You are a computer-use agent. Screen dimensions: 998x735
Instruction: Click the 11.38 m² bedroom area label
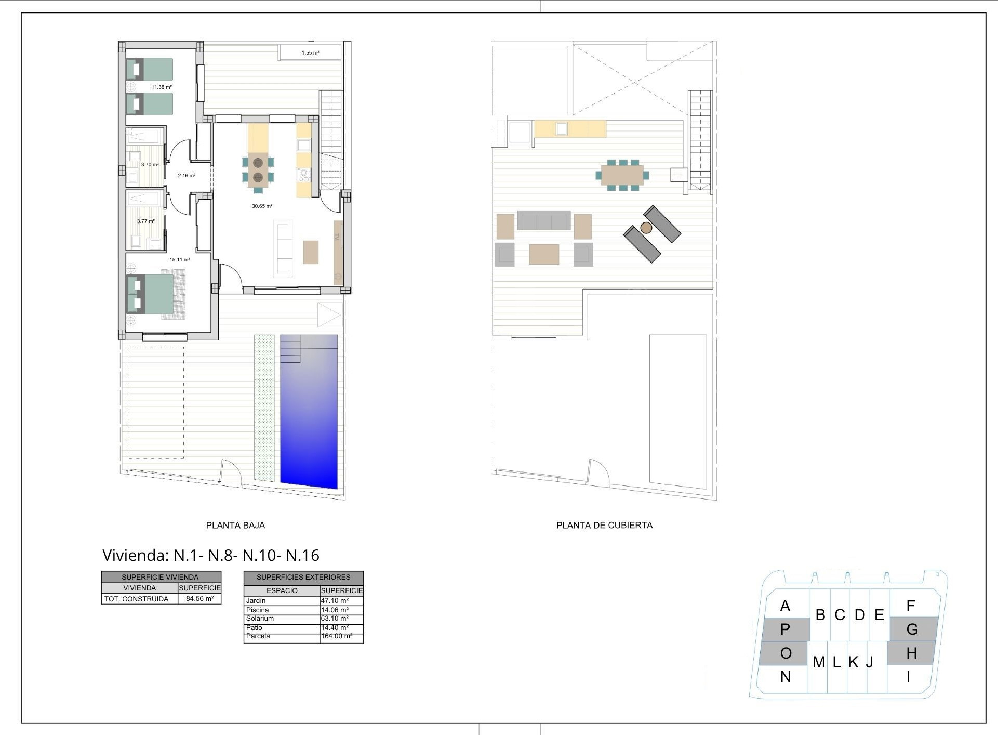pyautogui.click(x=162, y=87)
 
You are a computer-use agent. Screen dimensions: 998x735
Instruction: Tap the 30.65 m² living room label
pyautogui.click(x=262, y=206)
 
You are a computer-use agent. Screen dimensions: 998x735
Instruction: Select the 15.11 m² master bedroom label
pyautogui.click(x=180, y=260)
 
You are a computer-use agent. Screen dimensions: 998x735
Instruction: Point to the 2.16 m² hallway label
pyautogui.click(x=187, y=176)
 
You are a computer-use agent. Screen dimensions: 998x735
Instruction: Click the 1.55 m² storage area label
pyautogui.click(x=310, y=53)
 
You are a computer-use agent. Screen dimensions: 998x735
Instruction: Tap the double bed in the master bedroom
pyautogui.click(x=156, y=294)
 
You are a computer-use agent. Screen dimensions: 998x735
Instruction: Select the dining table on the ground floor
pyautogui.click(x=258, y=170)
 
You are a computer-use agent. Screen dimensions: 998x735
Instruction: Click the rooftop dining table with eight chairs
pyautogui.click(x=622, y=175)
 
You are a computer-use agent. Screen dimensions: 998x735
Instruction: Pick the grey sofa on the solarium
pyautogui.click(x=544, y=220)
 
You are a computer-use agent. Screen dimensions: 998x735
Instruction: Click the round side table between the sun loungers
pyautogui.click(x=646, y=228)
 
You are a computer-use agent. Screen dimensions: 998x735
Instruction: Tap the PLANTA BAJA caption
pyautogui.click(x=235, y=526)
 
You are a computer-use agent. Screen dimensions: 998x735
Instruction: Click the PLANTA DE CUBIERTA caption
pyautogui.click(x=604, y=526)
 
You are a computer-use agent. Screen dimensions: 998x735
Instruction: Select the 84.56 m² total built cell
pyautogui.click(x=199, y=599)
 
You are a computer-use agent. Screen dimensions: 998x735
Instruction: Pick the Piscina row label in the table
pyautogui.click(x=257, y=610)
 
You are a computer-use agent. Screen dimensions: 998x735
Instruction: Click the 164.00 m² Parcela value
pyautogui.click(x=337, y=636)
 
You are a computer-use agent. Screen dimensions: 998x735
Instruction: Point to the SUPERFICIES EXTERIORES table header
pyautogui.click(x=303, y=577)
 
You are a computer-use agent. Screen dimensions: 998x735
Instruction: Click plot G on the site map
pyautogui.click(x=912, y=629)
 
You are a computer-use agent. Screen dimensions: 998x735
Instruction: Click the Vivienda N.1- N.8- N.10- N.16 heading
pyautogui.click(x=211, y=556)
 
